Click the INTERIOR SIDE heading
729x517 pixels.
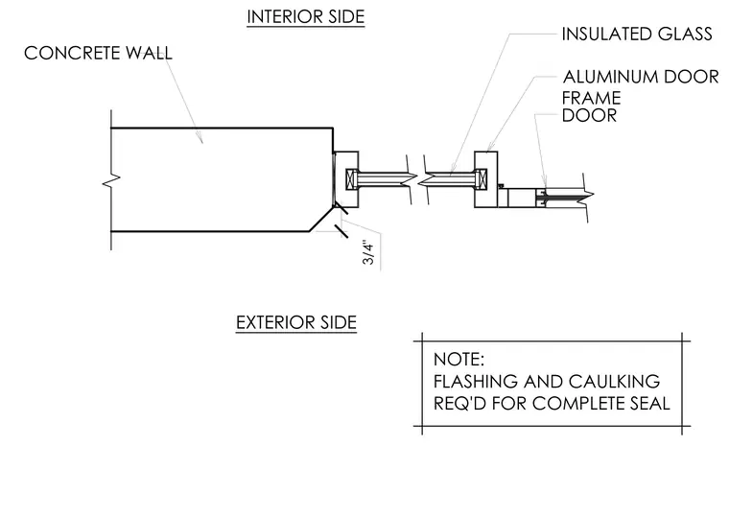point(305,17)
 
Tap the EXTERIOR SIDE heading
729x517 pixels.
point(296,322)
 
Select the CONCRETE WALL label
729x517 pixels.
point(98,53)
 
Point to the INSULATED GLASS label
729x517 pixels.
point(637,34)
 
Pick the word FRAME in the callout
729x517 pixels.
point(592,98)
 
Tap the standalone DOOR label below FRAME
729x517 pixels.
point(589,115)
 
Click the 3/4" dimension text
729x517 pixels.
point(368,253)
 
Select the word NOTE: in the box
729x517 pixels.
point(459,360)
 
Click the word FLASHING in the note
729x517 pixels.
point(476,381)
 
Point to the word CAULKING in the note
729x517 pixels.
point(614,381)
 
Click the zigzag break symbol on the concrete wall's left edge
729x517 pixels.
point(111,180)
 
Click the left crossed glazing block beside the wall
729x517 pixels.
point(351,179)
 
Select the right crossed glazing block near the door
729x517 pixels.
point(482,179)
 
